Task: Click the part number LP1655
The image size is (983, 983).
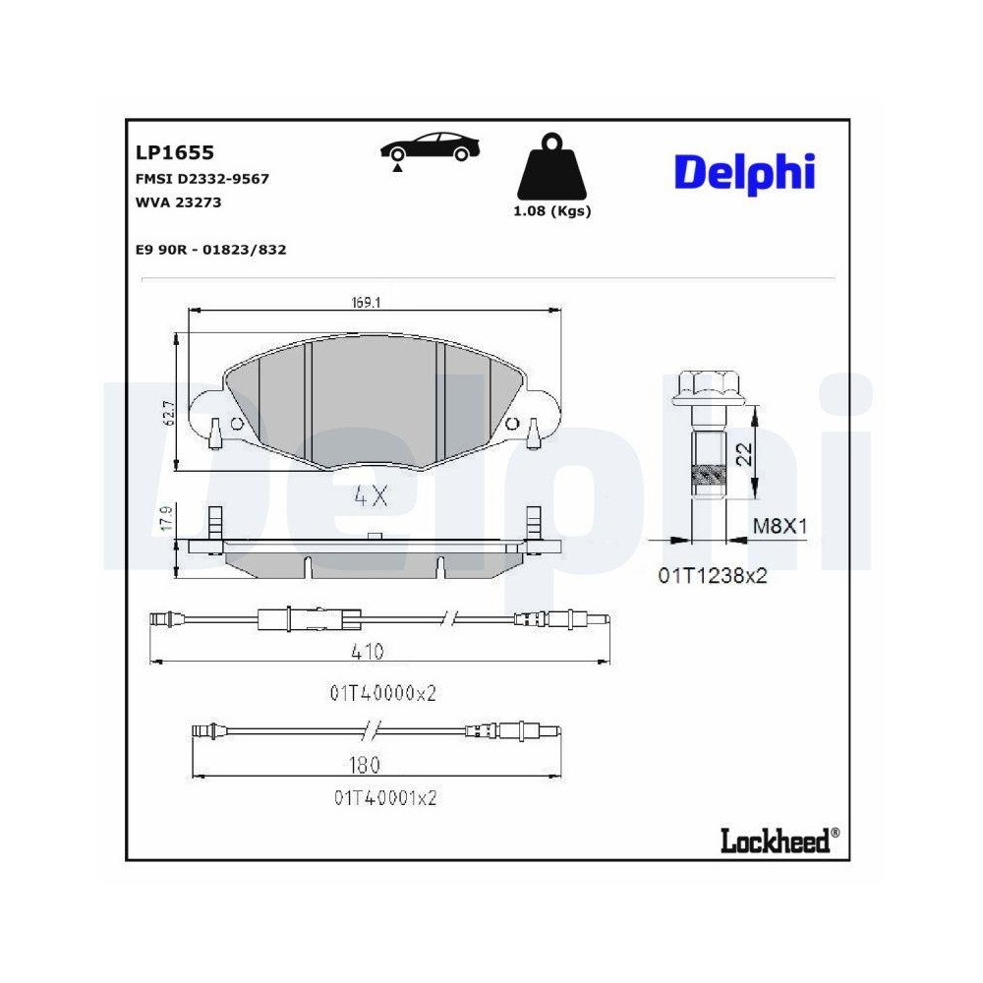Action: tap(174, 153)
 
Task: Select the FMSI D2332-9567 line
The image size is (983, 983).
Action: tap(202, 179)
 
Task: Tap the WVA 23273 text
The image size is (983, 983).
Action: tap(178, 202)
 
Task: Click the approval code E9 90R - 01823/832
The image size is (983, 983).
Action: tap(210, 250)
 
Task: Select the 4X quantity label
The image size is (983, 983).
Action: tap(371, 496)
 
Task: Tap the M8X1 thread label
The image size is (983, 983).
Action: tap(781, 526)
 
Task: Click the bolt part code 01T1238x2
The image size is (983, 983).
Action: tap(713, 576)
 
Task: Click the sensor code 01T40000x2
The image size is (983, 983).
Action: tap(382, 692)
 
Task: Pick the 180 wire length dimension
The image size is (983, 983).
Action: tap(365, 764)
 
